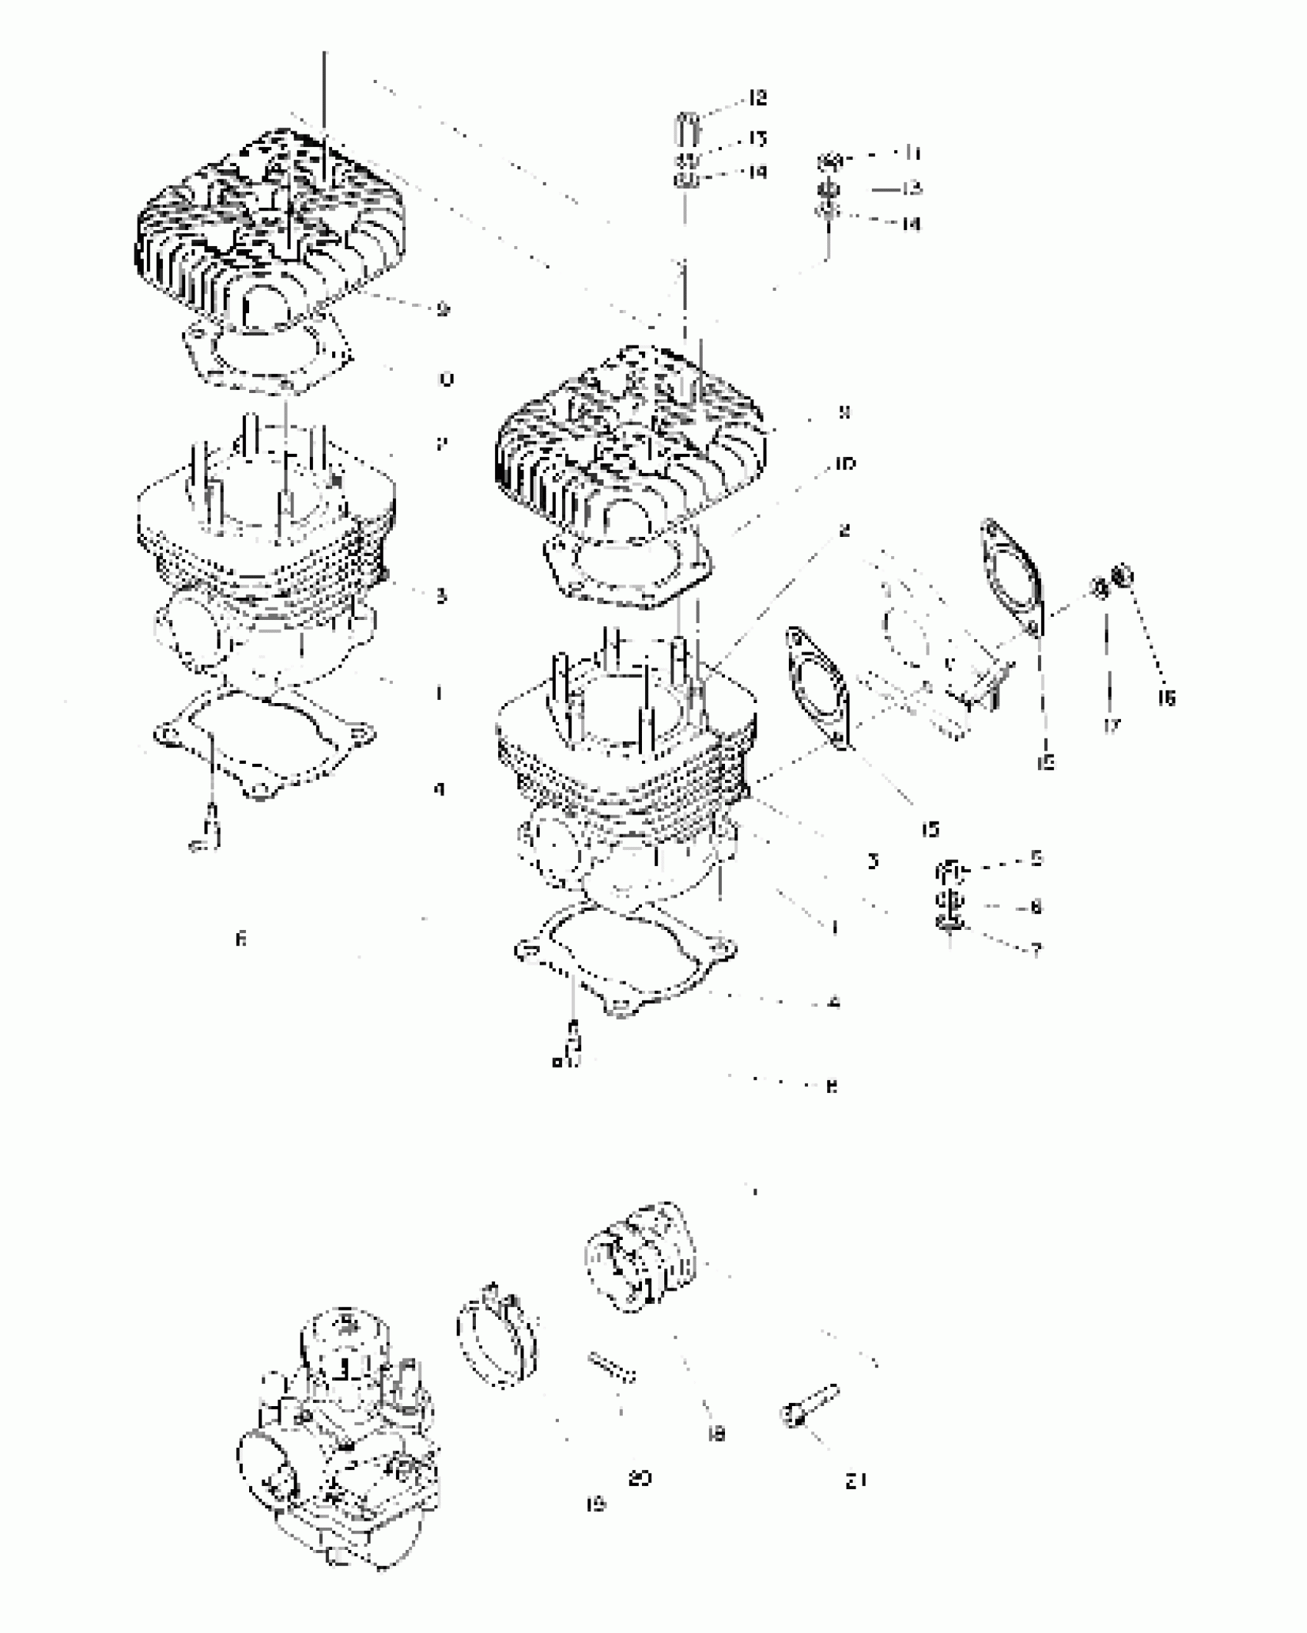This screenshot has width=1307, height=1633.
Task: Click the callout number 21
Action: coord(856,1480)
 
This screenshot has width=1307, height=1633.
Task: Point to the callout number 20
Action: coord(640,1478)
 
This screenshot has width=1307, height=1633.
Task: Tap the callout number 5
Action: coord(1036,858)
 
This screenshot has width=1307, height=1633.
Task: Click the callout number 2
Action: coord(844,531)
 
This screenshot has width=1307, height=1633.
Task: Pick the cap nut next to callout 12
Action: coord(687,126)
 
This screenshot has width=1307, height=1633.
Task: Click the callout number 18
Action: coord(716,1434)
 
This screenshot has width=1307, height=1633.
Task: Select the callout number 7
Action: coord(1036,951)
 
